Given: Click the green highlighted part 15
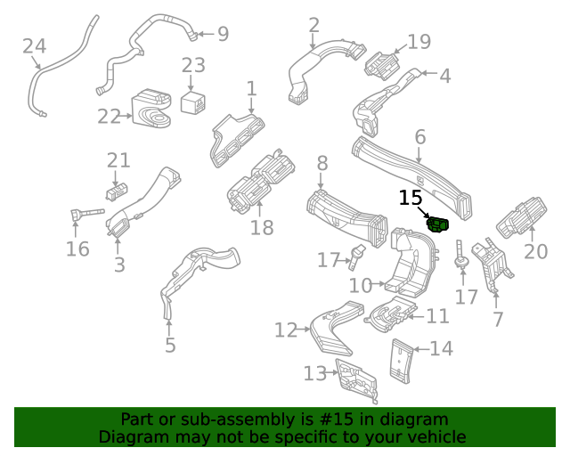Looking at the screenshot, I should point(436,223).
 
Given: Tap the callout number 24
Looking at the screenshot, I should point(34,45).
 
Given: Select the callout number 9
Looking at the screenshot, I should point(223,34).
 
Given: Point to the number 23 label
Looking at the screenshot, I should point(193,65).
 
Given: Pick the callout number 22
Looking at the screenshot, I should point(109,116).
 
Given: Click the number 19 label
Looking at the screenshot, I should point(419,41).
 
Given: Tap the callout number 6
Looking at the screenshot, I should point(419,137).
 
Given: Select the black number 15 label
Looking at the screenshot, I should point(411,198).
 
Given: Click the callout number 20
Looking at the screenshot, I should point(535,252).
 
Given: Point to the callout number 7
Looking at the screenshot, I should point(498,319).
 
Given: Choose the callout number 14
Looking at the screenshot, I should point(442,348).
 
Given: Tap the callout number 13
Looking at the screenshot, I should point(315,373).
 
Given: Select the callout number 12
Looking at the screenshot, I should point(285,330).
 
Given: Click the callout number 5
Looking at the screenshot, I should point(170,346).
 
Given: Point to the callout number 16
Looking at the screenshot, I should point(77,248).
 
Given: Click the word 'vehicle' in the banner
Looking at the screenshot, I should point(434,437).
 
